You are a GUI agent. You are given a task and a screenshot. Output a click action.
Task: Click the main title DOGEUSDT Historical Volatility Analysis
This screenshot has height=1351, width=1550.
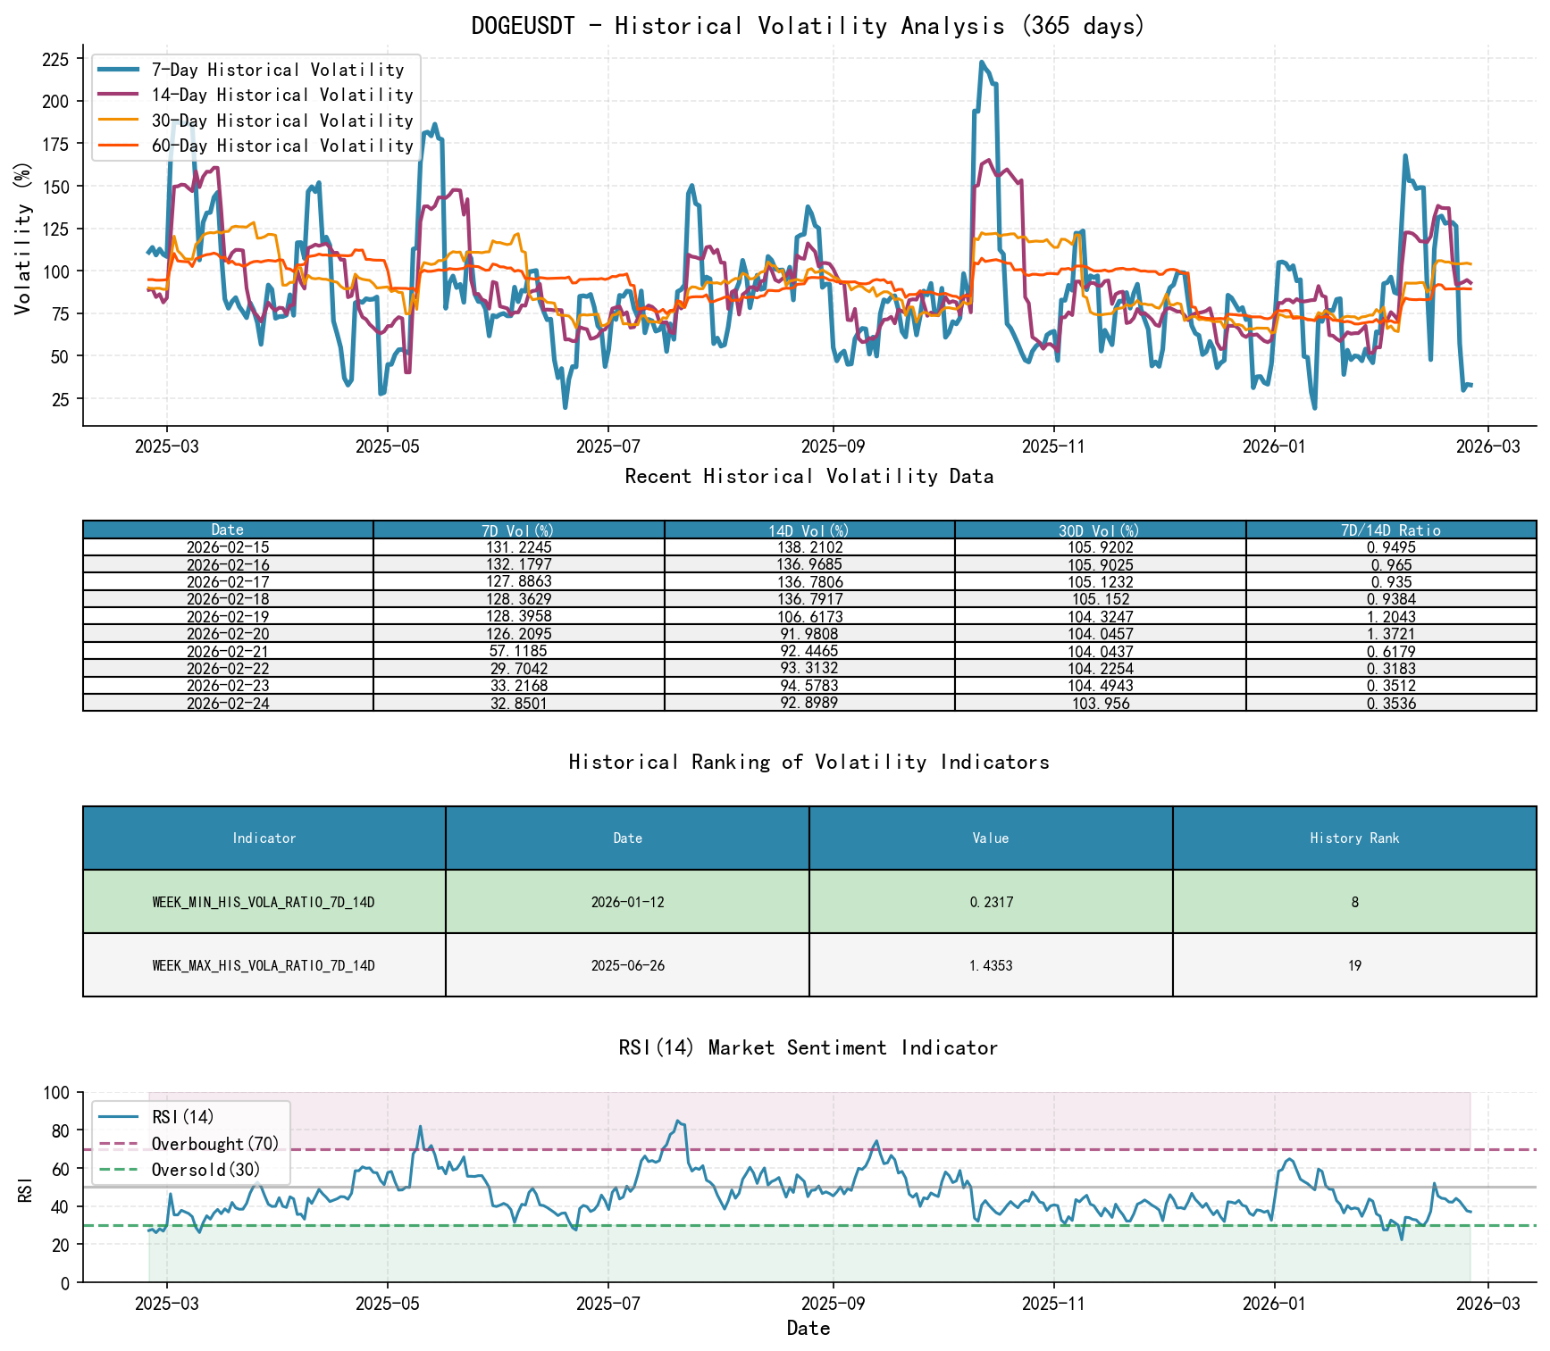tap(808, 26)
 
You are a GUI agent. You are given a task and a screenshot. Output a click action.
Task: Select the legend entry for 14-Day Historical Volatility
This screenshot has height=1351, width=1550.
tap(281, 95)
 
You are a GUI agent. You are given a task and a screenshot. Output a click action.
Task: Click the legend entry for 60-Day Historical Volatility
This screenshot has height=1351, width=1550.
tap(281, 146)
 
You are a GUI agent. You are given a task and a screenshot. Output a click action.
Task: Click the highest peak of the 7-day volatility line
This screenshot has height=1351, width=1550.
tap(981, 63)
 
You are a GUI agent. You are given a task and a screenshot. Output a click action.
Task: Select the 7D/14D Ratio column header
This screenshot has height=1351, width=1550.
tap(1390, 530)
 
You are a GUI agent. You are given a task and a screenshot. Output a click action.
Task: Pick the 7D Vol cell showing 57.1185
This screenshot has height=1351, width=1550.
tap(518, 652)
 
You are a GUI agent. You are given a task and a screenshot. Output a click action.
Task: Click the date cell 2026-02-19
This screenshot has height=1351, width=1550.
tap(228, 617)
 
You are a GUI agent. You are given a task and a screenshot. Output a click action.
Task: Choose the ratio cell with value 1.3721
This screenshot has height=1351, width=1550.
tap(1390, 634)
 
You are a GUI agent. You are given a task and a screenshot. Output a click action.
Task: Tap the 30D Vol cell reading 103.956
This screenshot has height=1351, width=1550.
tap(1100, 704)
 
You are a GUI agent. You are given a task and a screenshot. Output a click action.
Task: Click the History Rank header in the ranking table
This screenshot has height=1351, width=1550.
tap(1353, 838)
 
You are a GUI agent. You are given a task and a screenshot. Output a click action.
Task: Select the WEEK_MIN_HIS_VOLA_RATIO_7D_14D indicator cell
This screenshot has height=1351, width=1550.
tap(264, 902)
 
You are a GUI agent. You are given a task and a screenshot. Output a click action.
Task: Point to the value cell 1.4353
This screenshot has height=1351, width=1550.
tap(990, 965)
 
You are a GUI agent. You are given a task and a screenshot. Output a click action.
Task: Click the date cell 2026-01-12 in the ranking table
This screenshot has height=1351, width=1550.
tap(627, 902)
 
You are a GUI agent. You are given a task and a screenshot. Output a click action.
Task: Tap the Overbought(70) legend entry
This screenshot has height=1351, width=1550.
tap(214, 1144)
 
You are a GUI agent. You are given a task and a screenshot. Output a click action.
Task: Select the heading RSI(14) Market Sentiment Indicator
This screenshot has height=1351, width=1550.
tap(808, 1047)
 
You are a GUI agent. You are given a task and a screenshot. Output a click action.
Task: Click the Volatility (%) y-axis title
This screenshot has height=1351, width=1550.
tap(23, 238)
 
